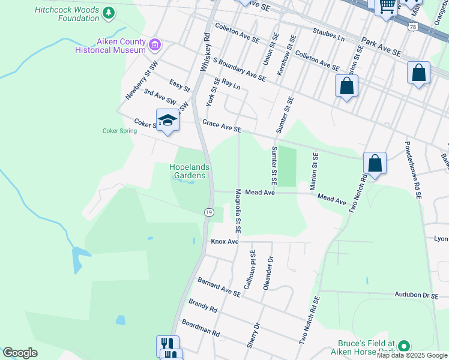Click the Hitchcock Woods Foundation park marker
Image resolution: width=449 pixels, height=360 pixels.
(108, 12)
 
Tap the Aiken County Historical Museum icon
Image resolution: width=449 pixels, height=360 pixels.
(155, 44)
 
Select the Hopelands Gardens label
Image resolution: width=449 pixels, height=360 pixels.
(189, 171)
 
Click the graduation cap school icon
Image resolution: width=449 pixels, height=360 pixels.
(168, 121)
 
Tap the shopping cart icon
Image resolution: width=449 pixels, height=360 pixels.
(387, 7)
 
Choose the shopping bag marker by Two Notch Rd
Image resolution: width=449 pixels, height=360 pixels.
(375, 163)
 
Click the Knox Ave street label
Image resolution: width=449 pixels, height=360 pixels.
(225, 242)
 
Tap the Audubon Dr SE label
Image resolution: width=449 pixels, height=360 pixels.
(418, 295)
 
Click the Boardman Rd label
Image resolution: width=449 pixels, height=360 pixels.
(200, 328)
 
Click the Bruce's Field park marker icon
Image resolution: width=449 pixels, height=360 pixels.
(404, 346)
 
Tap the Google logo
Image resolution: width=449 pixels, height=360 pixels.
(20, 353)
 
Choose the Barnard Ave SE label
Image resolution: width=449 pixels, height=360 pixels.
(219, 287)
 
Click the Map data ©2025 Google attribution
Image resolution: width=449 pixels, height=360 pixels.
(412, 355)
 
